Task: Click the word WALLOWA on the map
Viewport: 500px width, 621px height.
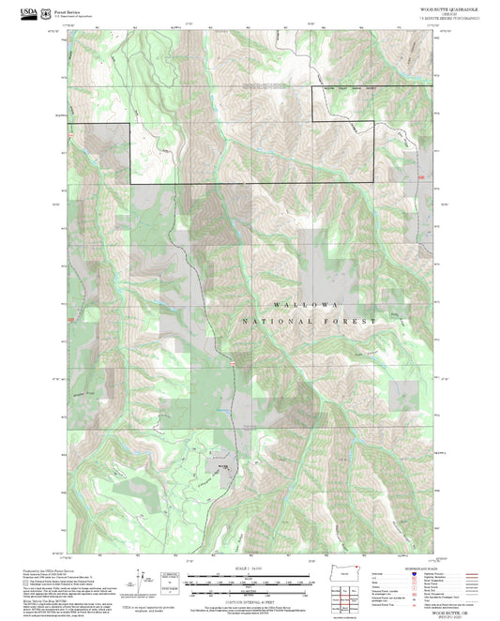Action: click(303, 307)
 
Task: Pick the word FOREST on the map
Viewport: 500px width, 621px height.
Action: click(355, 322)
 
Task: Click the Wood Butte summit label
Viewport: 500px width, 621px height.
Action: click(223, 465)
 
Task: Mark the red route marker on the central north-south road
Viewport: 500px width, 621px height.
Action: click(229, 362)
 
